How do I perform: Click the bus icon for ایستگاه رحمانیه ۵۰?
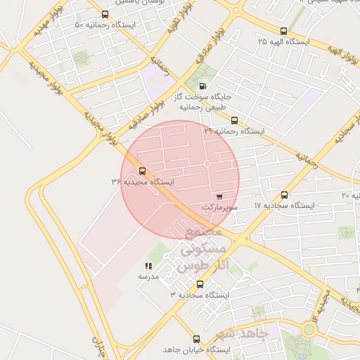(x=105, y=14)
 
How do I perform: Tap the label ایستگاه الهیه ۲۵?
(x=283, y=42)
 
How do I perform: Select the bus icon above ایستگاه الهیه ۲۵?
(x=283, y=31)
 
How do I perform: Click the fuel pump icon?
(x=204, y=86)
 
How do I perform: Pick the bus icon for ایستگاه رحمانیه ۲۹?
(x=235, y=120)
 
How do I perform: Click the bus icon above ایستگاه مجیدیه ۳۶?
(x=143, y=171)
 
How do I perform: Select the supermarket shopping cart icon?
(x=220, y=197)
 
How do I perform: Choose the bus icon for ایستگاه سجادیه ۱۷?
(x=284, y=195)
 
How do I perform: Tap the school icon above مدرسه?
(x=148, y=266)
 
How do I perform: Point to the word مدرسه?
(x=148, y=277)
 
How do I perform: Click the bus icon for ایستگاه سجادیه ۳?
(x=200, y=284)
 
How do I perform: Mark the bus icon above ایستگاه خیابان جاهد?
(x=197, y=338)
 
